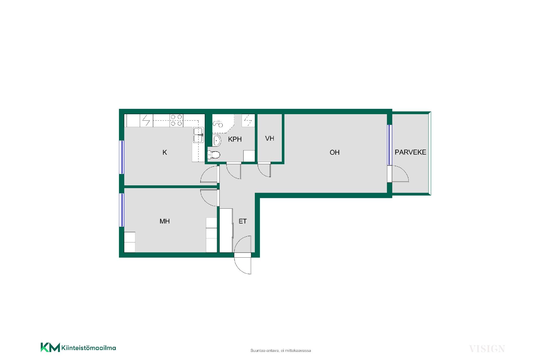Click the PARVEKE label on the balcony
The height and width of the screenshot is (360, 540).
tap(410, 152)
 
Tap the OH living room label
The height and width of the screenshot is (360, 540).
tap(334, 152)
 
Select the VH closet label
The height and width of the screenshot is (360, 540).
tap(270, 138)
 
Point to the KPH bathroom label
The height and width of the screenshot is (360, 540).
tap(235, 139)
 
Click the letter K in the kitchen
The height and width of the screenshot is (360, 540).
tap(165, 152)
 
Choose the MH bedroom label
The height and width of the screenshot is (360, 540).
tap(165, 221)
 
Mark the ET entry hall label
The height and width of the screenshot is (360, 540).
tap(242, 221)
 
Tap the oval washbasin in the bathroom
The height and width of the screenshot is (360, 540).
tap(217, 141)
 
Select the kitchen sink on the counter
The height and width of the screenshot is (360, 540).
tap(198, 135)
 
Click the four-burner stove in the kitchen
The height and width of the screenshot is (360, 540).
tap(176, 120)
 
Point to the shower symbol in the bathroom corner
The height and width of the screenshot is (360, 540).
tap(218, 123)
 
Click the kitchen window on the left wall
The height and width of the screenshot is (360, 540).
tap(122, 157)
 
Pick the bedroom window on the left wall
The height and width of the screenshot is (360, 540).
tap(122, 210)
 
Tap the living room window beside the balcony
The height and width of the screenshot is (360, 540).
tap(390, 145)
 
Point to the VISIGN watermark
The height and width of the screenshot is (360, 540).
tap(487, 349)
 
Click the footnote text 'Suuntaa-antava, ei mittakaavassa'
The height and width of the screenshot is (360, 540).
tap(281, 351)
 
